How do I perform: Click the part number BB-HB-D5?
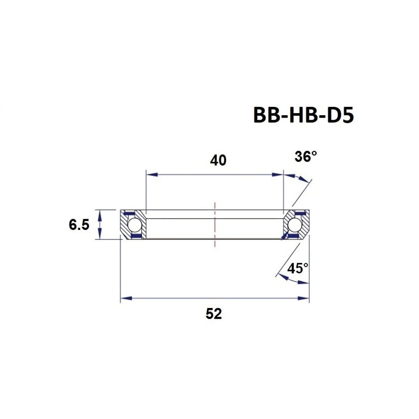[x=303, y=115]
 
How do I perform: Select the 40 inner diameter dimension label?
[x=218, y=160]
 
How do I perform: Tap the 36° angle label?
[x=306, y=157]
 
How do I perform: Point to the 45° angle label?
[x=297, y=268]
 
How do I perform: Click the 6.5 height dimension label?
[x=79, y=225]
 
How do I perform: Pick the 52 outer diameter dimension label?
[x=214, y=314]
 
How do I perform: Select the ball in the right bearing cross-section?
[x=294, y=225]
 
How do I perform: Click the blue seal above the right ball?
[x=299, y=213]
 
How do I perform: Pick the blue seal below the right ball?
[x=294, y=236]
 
